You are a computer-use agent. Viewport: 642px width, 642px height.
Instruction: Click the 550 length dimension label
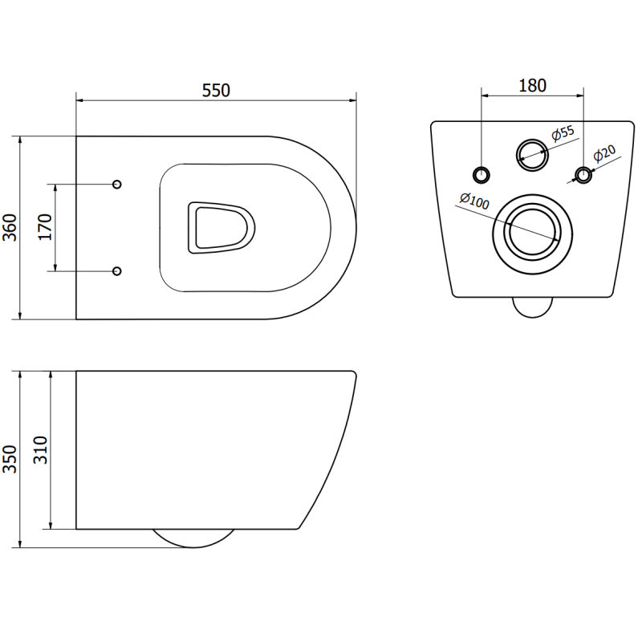click(x=216, y=90)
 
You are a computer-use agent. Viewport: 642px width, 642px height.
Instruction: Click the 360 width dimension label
click(x=10, y=227)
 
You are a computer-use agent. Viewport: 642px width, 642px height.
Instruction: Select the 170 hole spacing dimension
click(x=46, y=227)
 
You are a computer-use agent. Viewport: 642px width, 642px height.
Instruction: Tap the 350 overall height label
click(x=10, y=459)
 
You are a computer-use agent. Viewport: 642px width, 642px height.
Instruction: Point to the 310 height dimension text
click(x=41, y=450)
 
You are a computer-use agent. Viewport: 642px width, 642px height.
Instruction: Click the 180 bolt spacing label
click(x=532, y=86)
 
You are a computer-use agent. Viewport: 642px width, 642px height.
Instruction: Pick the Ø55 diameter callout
click(x=563, y=133)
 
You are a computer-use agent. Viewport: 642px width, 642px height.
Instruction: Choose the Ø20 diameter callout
click(x=604, y=153)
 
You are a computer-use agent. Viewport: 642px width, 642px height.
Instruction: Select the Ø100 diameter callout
click(x=474, y=201)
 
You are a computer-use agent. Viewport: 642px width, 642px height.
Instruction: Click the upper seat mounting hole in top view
click(x=117, y=185)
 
